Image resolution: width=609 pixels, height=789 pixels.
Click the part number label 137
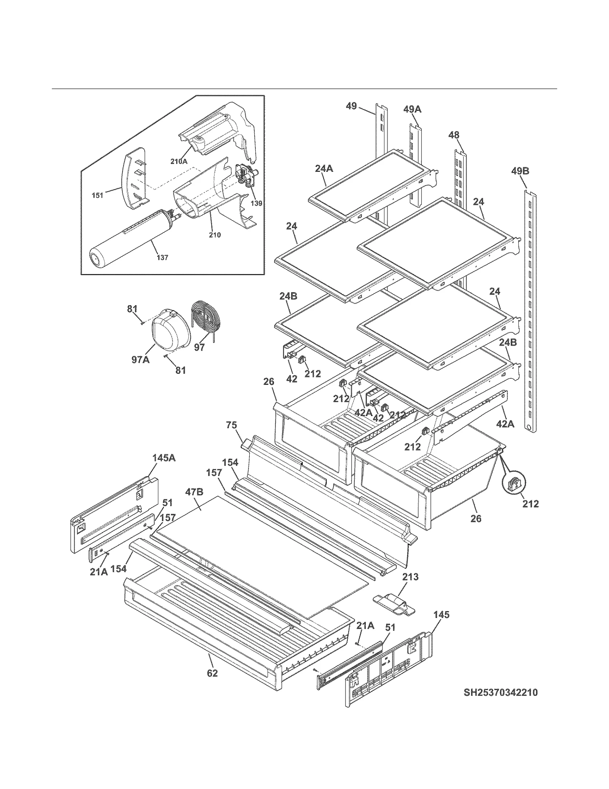(x=163, y=258)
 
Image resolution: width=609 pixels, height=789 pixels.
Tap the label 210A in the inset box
(x=179, y=161)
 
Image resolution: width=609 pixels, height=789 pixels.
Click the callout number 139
(x=256, y=203)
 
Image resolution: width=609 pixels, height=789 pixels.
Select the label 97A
(x=140, y=359)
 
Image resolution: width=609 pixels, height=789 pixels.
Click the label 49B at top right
(x=520, y=171)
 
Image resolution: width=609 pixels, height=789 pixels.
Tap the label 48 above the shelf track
(x=454, y=135)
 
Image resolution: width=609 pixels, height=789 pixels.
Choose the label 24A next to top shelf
(x=324, y=168)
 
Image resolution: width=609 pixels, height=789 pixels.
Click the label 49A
(x=413, y=109)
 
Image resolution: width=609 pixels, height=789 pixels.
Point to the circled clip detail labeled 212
(x=512, y=485)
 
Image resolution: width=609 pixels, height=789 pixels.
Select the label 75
(x=231, y=425)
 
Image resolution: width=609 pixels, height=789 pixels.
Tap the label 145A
(x=164, y=458)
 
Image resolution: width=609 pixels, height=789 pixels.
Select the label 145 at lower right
(x=441, y=615)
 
